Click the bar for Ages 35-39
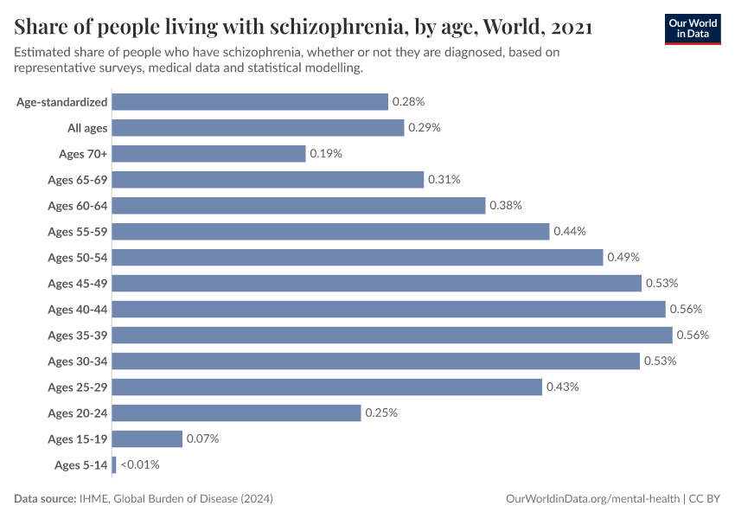coord(392,335)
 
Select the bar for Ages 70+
coord(208,153)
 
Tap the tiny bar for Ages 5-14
coord(114,465)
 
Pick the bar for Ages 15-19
coord(147,439)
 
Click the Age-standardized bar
coord(250,101)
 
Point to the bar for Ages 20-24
coord(236,413)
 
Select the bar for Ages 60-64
coord(298,205)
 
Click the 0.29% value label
coord(425,127)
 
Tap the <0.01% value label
coord(140,465)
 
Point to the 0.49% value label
coord(623,257)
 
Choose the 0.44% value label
coord(570,231)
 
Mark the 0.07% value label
coord(202,439)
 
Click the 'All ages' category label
coord(87,127)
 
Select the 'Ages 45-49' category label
coord(78,283)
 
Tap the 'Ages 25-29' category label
coord(78,387)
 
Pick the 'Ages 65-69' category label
coord(78,179)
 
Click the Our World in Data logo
coord(692,29)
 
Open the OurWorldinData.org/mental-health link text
coord(592,499)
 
